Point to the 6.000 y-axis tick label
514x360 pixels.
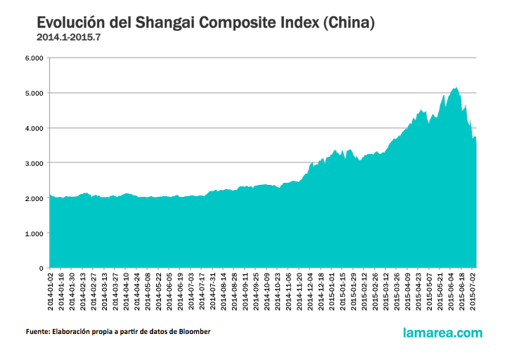tap(34, 58)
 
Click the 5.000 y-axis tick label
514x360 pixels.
tap(34, 93)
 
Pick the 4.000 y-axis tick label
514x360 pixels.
tap(34, 128)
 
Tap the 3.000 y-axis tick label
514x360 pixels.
tap(34, 163)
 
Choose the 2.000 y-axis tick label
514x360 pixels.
tap(34, 198)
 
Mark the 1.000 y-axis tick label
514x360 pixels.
tap(34, 233)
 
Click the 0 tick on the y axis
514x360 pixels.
tap(41, 268)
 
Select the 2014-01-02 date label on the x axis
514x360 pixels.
tap(51, 290)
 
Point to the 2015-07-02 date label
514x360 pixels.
tap(473, 290)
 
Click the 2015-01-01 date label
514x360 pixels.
tap(332, 290)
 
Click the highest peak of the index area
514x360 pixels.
tap(456, 89)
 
